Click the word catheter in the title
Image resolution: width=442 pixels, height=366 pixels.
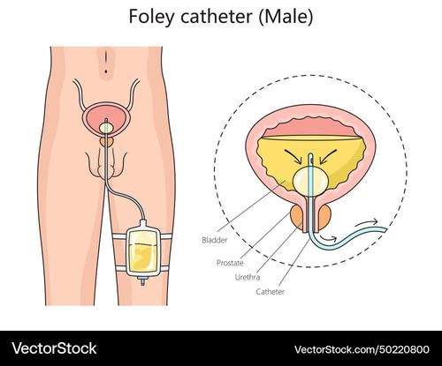[x=217, y=17]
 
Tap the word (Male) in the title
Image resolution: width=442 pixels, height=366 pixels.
[x=286, y=17]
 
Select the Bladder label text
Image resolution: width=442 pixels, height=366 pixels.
[x=215, y=240]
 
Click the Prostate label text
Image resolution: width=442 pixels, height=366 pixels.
[x=230, y=263]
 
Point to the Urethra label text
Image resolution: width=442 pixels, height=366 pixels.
[x=248, y=277]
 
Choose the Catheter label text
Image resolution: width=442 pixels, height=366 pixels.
[x=271, y=292]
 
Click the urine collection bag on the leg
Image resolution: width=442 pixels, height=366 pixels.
[x=142, y=251]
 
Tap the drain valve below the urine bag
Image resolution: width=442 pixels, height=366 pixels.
[x=143, y=281]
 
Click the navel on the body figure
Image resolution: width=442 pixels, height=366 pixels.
[x=106, y=71]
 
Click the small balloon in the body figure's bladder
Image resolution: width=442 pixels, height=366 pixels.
[x=106, y=128]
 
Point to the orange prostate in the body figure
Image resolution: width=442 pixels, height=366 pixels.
[x=106, y=142]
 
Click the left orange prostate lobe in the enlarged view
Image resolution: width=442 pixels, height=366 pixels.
[x=297, y=217]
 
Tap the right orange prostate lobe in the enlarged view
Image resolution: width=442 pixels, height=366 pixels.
[x=324, y=217]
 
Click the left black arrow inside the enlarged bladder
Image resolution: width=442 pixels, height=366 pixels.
[x=293, y=157]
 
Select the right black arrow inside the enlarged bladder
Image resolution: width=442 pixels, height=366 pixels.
[x=328, y=157]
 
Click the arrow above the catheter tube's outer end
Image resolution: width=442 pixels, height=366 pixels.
[x=367, y=222]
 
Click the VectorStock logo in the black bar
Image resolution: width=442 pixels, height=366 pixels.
[x=54, y=348]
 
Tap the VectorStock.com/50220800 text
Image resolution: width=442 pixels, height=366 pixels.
[x=362, y=349]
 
